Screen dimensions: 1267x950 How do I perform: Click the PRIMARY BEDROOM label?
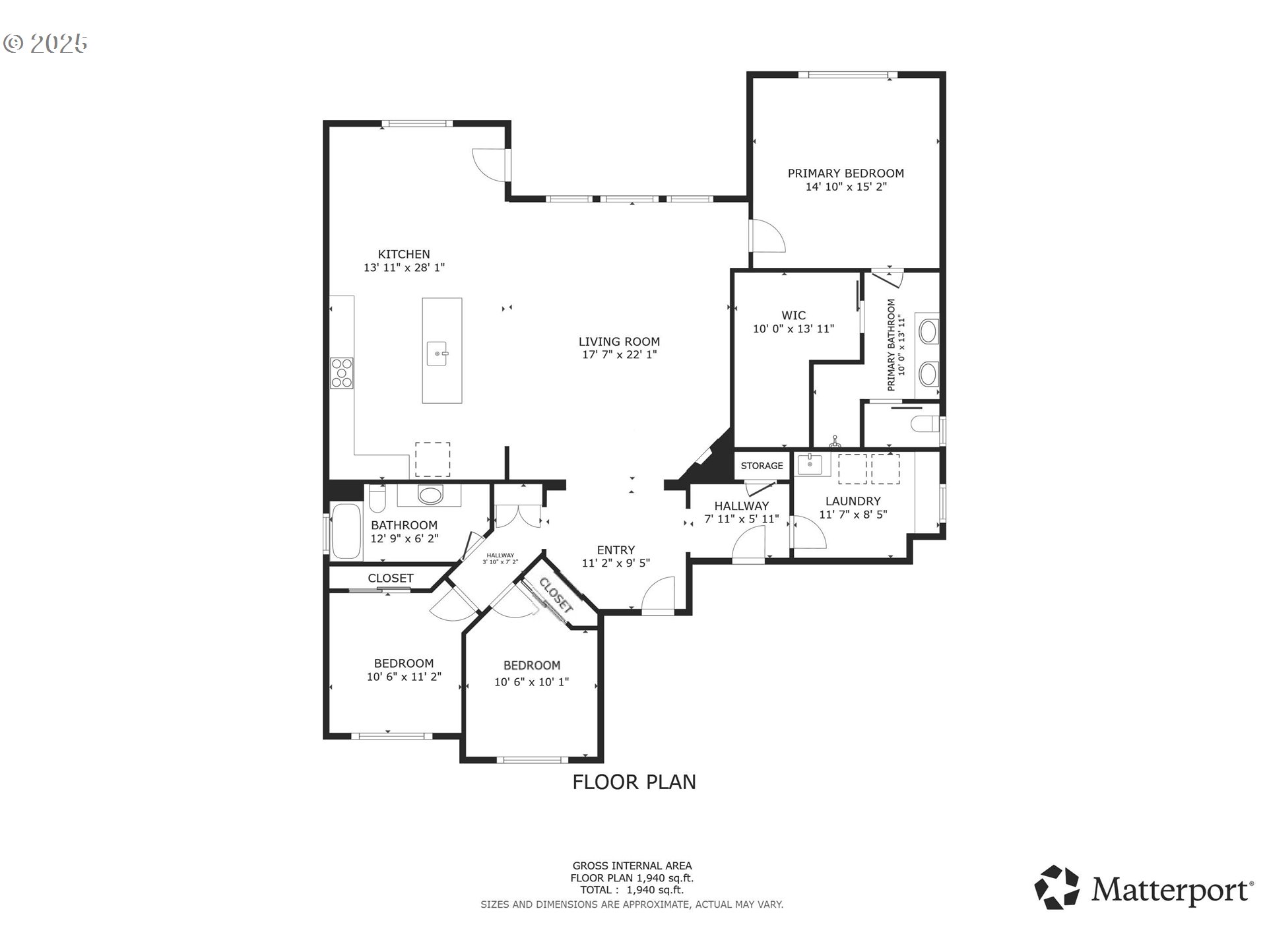click(x=845, y=174)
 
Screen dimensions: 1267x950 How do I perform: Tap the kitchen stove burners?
click(x=342, y=373)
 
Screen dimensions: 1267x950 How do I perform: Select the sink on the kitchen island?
click(x=438, y=353)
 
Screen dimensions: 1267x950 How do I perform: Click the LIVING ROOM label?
click(x=619, y=342)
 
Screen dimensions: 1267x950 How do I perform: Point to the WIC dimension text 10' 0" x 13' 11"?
click(x=794, y=329)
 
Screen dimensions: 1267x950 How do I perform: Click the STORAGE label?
click(x=762, y=466)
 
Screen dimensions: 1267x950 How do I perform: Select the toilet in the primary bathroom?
click(x=925, y=424)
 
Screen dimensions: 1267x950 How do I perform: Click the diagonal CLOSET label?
click(x=556, y=594)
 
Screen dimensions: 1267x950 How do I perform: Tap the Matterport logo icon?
click(x=1056, y=887)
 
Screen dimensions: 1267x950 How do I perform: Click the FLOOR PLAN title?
click(x=634, y=782)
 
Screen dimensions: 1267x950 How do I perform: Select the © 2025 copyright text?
click(x=46, y=44)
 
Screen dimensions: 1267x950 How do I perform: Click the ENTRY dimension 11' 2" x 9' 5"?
click(x=616, y=563)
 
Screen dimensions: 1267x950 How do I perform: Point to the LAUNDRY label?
click(x=853, y=501)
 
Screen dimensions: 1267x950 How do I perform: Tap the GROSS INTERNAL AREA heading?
click(x=632, y=866)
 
